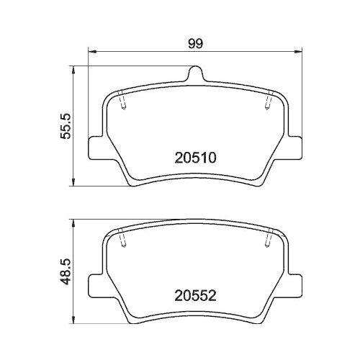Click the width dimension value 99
[x=194, y=42]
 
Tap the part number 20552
[x=196, y=294]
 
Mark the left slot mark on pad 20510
[x=123, y=104]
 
